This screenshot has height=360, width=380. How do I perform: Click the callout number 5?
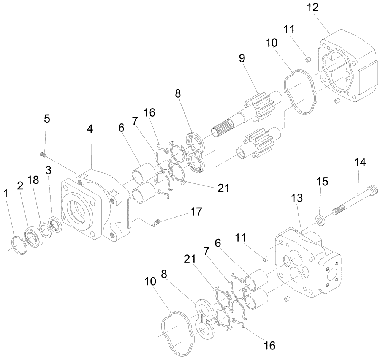[x=47, y=119]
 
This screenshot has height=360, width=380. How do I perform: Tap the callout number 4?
[x=90, y=129]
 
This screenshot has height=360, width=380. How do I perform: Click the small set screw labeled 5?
[x=43, y=154]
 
